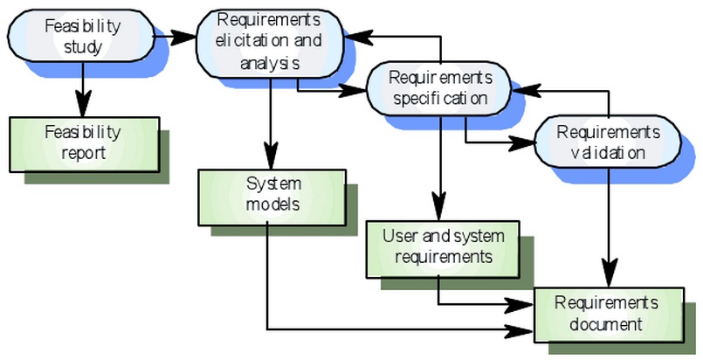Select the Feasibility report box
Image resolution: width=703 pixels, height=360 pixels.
(x=85, y=144)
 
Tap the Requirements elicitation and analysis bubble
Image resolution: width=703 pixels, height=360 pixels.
(x=270, y=44)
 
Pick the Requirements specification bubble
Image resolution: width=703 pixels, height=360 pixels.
(x=439, y=88)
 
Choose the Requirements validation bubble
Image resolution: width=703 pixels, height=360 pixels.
(x=608, y=142)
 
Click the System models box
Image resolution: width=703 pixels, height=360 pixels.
(x=272, y=197)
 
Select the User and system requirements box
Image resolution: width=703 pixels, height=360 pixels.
(x=443, y=249)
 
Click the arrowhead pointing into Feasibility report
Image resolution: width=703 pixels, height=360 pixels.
(x=82, y=104)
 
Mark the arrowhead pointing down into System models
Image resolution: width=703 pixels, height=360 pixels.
(x=270, y=156)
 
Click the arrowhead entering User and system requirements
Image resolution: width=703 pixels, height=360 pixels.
(x=440, y=207)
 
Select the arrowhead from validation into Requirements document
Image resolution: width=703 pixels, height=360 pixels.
(x=608, y=273)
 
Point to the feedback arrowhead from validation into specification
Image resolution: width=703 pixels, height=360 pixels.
(x=526, y=90)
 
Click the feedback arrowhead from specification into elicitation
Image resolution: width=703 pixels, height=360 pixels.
(x=358, y=38)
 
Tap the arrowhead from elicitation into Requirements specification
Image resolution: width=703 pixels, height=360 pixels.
(x=354, y=91)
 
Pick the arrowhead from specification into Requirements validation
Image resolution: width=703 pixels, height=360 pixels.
(x=521, y=143)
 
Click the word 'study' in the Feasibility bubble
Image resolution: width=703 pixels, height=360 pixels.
(x=83, y=46)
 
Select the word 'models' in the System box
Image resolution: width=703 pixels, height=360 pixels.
(x=272, y=204)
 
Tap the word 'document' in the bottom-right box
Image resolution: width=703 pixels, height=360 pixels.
(x=606, y=323)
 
